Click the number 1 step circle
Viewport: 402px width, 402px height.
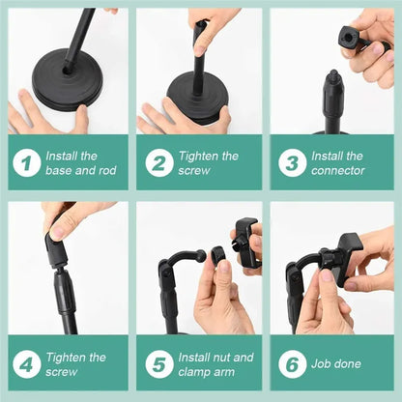(27, 163)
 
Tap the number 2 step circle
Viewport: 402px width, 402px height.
(159, 163)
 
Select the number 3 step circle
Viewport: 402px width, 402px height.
(292, 163)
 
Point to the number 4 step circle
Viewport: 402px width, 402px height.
(27, 364)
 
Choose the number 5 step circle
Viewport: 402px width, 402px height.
(159, 364)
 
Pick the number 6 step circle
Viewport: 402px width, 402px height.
(292, 364)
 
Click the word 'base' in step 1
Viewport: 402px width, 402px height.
(61, 171)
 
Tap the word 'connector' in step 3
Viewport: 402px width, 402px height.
(338, 171)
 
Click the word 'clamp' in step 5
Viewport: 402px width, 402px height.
(198, 371)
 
